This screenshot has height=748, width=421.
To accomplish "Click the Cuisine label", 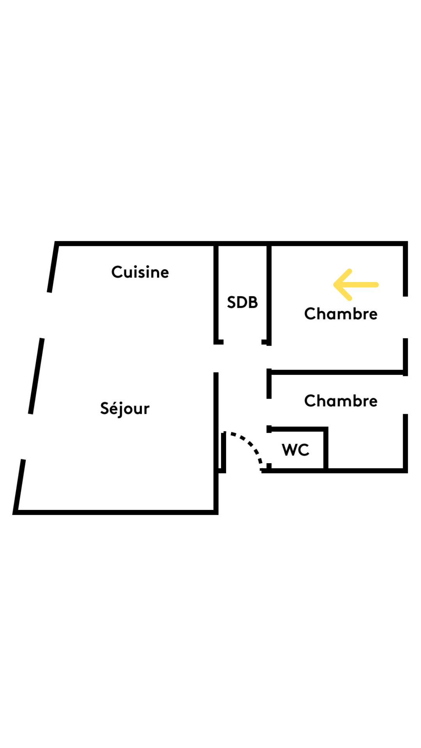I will point(140,272).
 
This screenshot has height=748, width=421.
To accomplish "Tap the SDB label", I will point(242,302).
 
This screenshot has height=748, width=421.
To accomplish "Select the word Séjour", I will point(125,409).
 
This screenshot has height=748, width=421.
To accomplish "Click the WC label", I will point(295,450).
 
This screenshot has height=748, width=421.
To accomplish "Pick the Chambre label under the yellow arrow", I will point(341,314).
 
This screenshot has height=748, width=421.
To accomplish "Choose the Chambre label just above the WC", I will point(341,401).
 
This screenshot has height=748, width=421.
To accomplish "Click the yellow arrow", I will point(356,285).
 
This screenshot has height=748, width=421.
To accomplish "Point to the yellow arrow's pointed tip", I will point(335,285).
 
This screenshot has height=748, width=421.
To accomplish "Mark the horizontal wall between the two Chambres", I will point(337,372).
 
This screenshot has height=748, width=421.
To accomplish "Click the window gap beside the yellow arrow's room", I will point(405,317).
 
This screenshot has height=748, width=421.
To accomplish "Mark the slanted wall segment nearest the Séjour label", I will point(36,376).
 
